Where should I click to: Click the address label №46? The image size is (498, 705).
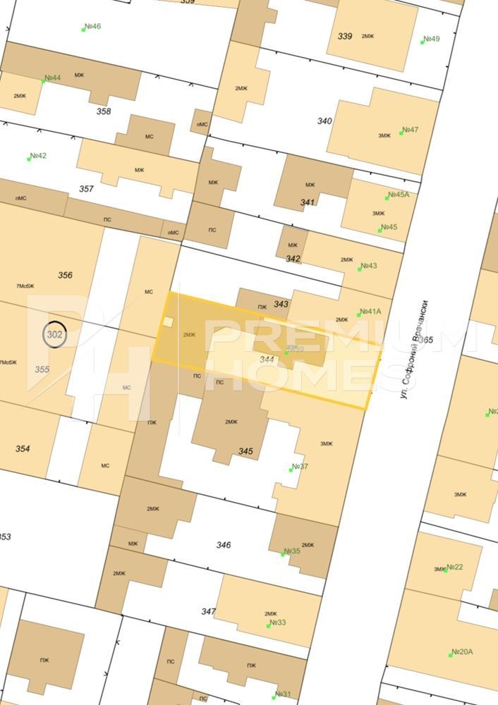[x=92, y=27]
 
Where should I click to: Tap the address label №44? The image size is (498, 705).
[x=52, y=78]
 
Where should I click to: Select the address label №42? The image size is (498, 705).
[x=37, y=156]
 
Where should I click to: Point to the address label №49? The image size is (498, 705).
[x=431, y=39]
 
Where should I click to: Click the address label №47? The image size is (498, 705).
[x=410, y=130]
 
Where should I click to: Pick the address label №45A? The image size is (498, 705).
[x=397, y=195]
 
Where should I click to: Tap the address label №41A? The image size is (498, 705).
[x=370, y=311]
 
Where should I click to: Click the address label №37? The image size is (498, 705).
[x=300, y=467]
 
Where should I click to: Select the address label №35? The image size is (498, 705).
[x=291, y=551]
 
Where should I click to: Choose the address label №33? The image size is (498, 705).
[x=277, y=623]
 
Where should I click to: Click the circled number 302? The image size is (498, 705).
[x=55, y=335]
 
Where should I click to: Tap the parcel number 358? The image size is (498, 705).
[x=104, y=111]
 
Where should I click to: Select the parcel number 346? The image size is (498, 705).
[x=224, y=545]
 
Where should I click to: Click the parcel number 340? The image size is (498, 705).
[x=324, y=121]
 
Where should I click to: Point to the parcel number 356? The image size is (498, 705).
[x=65, y=275]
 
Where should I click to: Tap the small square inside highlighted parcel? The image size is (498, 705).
[x=167, y=322]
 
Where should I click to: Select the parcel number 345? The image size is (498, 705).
[x=245, y=451]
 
